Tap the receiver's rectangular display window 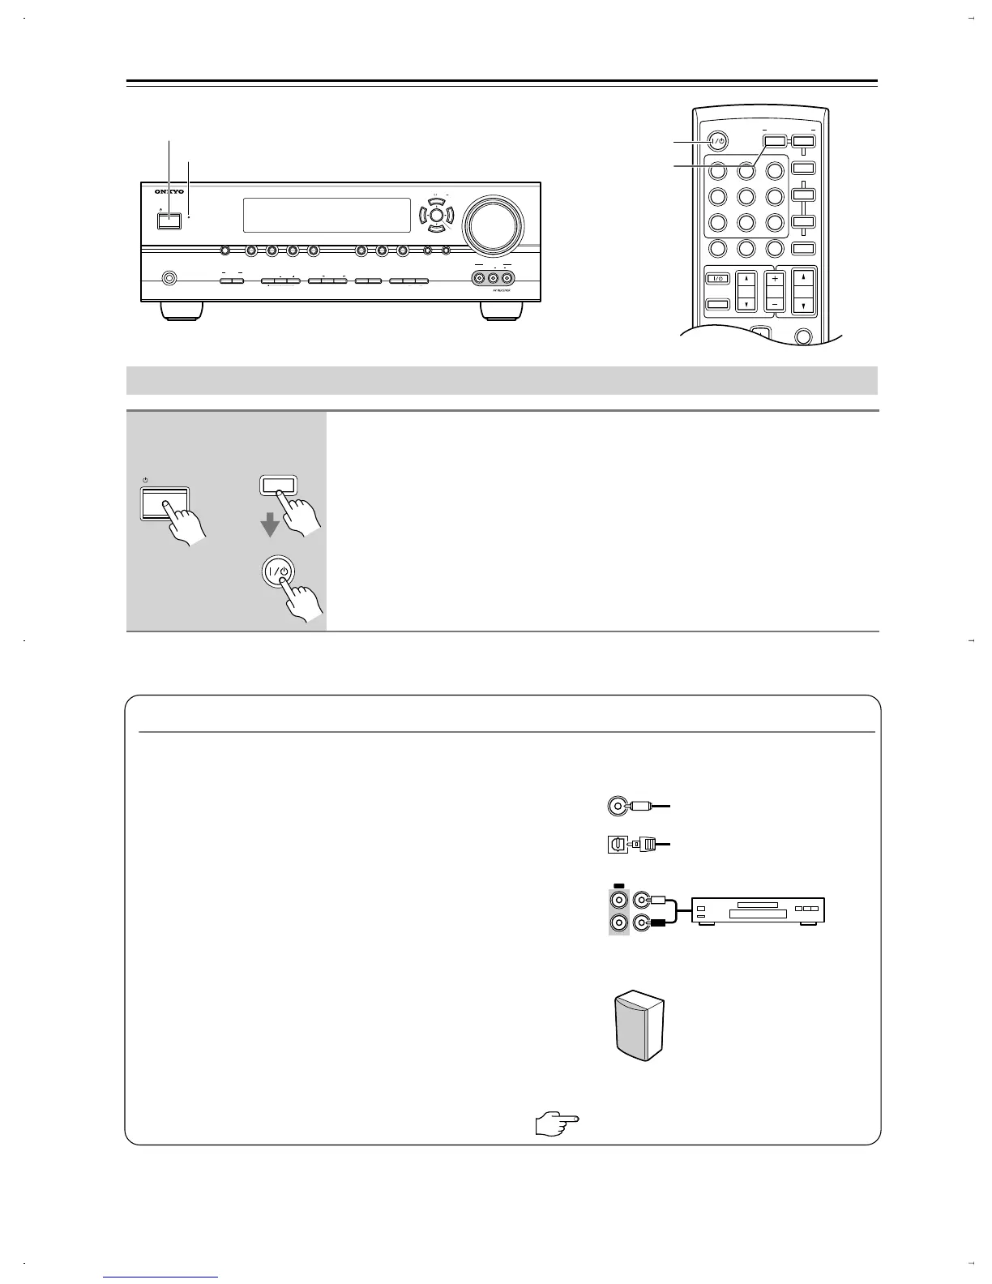326,215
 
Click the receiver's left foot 182,311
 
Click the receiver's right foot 503,311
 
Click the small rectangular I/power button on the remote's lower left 716,279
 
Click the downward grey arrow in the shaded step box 270,527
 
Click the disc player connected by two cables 757,910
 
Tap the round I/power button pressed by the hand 280,571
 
